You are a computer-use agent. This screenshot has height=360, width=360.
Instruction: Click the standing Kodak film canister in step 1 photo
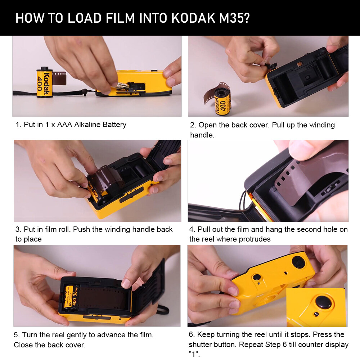point(45,82)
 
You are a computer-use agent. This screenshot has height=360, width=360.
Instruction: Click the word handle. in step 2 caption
point(201,135)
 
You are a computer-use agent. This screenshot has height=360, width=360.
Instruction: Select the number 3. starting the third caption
point(18,230)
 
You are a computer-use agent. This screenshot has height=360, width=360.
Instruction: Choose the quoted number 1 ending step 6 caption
point(194,354)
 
